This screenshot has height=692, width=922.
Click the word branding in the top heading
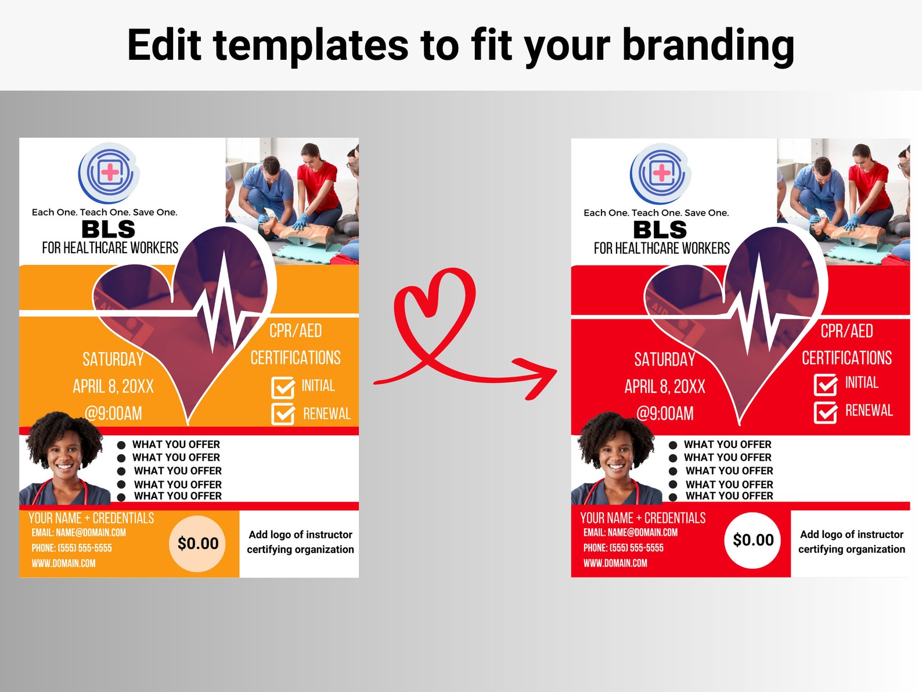click(708, 46)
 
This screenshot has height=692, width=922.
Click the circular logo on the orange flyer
click(109, 173)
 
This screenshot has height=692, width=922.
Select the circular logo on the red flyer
click(660, 173)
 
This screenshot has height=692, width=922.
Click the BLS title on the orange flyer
click(109, 230)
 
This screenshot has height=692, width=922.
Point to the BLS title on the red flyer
click(660, 230)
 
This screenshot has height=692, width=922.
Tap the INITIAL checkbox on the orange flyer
click(283, 388)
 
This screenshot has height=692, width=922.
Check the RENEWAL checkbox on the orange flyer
click(283, 414)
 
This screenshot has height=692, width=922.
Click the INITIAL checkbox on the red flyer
click(825, 385)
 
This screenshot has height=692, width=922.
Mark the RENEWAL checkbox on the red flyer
click(825, 412)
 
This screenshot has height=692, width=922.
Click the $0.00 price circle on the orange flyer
click(198, 544)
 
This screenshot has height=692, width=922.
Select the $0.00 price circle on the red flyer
click(753, 540)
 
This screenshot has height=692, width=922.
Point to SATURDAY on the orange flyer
click(113, 360)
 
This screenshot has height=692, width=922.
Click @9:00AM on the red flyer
click(665, 414)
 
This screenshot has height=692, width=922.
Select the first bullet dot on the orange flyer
click(121, 445)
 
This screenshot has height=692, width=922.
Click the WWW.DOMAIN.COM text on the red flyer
click(615, 563)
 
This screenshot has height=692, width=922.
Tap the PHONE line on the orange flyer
click(72, 548)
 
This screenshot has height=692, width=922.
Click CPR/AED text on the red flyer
click(847, 331)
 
